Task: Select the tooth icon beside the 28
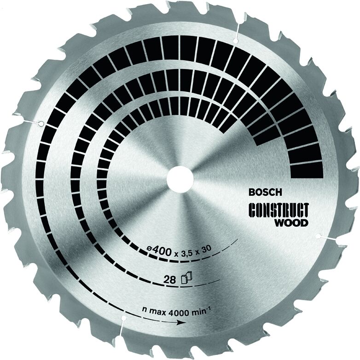[186, 277]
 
